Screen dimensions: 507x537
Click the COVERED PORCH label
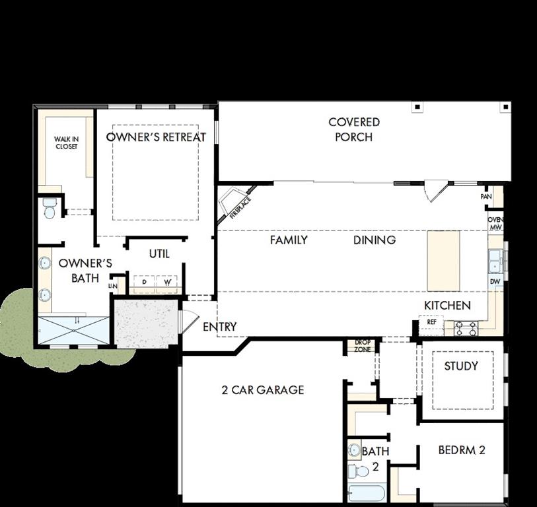point(354,129)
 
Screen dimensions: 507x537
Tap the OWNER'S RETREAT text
point(156,137)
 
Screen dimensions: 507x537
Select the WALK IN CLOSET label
point(65,143)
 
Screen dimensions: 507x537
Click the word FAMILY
point(289,240)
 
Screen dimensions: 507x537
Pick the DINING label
point(375,240)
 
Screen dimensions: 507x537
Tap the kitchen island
point(444,260)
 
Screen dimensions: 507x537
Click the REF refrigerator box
point(432,323)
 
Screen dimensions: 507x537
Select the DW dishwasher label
point(495,282)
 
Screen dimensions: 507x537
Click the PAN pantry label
point(486,196)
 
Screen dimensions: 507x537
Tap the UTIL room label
point(159,253)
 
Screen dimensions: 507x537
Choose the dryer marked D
point(145,283)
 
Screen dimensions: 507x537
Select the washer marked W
point(166,283)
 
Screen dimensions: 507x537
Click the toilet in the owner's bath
point(49,210)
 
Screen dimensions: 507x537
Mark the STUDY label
point(460,366)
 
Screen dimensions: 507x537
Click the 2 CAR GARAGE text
point(263,389)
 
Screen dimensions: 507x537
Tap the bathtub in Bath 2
point(366,494)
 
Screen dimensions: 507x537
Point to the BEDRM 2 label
point(462,450)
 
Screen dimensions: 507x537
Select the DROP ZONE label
point(362,345)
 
